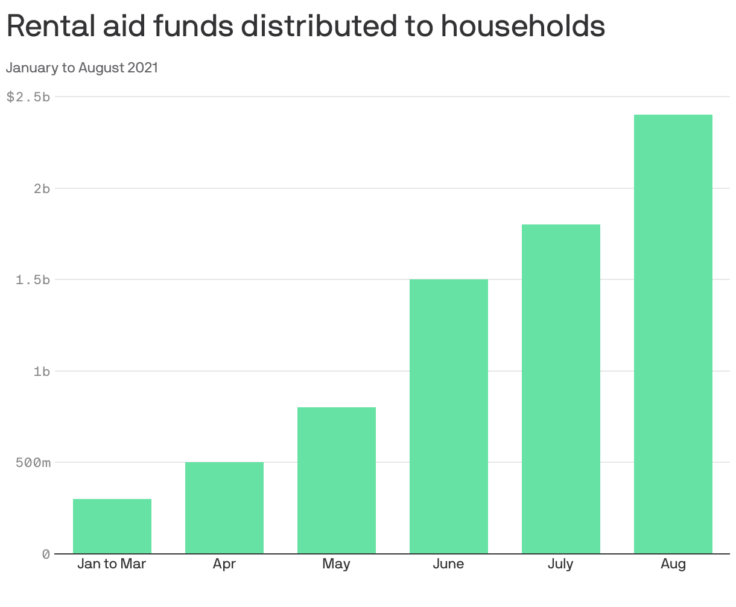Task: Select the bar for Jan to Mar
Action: click(112, 526)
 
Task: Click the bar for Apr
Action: click(224, 508)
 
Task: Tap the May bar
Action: click(337, 480)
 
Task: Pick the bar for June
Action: click(449, 416)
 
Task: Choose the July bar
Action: click(561, 389)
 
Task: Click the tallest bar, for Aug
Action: click(673, 334)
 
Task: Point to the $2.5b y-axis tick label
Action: click(28, 97)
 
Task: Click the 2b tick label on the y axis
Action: click(42, 188)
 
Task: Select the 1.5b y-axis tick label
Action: click(33, 280)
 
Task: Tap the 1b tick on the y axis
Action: click(42, 372)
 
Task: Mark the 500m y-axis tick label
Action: click(33, 463)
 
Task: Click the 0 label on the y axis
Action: click(46, 555)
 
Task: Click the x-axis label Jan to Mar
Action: click(112, 564)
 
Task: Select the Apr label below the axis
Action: click(224, 565)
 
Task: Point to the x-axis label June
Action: click(449, 564)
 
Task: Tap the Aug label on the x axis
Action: click(673, 565)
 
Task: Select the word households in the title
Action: click(522, 26)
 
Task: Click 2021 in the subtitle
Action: click(142, 68)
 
